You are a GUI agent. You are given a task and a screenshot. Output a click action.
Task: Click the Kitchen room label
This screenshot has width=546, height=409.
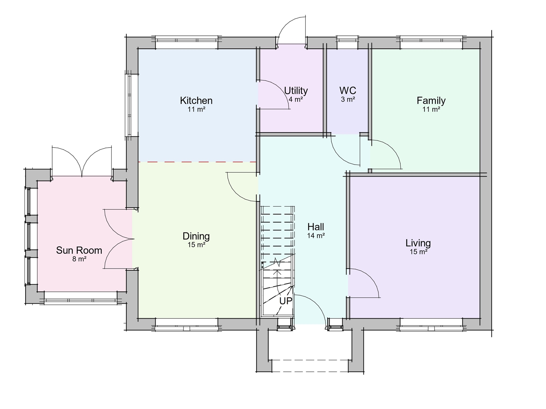196,101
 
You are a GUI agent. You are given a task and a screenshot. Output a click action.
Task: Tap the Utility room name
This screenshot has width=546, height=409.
296,91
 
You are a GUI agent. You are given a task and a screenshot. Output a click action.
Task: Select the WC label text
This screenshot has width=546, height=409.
348,91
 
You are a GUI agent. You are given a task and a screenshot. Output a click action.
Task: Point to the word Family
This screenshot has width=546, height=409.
431,101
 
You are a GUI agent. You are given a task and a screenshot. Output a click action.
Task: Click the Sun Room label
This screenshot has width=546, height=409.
79,250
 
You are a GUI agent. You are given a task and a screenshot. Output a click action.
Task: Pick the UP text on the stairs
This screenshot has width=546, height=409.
286,301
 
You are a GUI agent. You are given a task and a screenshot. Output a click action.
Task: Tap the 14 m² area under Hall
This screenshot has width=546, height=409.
316,236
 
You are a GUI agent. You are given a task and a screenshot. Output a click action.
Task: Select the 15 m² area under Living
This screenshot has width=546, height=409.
418,252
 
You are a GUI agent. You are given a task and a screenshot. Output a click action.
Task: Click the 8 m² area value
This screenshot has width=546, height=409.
79,259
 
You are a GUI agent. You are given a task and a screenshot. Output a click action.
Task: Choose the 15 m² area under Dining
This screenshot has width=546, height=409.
196,245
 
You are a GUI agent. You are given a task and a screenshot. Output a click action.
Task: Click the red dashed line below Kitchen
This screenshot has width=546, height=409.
197,162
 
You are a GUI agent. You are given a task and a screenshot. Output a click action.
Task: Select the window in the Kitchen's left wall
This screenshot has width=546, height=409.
130,105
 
